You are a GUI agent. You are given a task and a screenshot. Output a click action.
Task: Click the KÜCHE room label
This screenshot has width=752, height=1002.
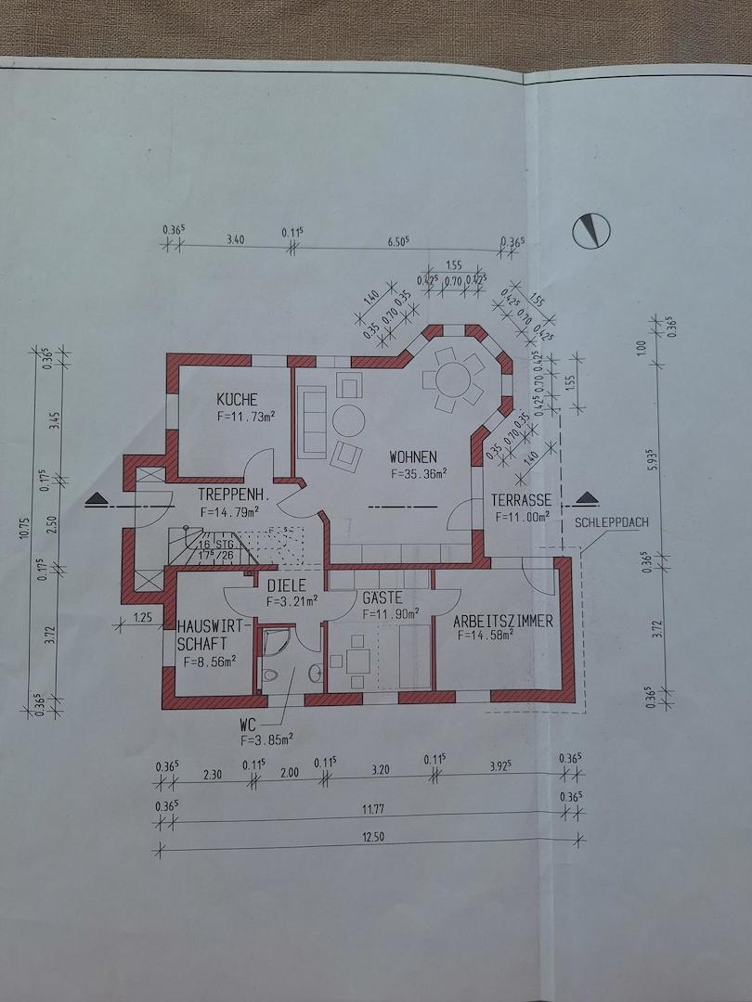click(238, 400)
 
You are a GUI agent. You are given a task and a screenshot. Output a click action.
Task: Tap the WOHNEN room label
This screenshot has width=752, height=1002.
click(413, 456)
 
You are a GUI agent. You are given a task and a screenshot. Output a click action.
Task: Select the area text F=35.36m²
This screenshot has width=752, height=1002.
click(418, 474)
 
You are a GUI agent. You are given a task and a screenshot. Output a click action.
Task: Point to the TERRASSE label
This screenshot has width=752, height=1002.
click(521, 500)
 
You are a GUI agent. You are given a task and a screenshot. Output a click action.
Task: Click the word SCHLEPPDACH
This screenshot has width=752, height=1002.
click(611, 522)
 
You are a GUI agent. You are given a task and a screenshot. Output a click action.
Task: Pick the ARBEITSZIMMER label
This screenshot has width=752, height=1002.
click(503, 621)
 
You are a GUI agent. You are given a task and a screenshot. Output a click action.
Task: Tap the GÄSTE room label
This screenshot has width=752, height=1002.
click(382, 598)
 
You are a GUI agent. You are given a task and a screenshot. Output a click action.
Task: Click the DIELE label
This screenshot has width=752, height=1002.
click(287, 585)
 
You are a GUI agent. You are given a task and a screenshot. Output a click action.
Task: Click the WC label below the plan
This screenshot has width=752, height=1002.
click(248, 726)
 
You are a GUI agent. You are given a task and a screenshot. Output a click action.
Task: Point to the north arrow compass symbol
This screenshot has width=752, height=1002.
click(590, 230)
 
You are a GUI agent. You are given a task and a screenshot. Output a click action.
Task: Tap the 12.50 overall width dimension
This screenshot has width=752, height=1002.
click(373, 837)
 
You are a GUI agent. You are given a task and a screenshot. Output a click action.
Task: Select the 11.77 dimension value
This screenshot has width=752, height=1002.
click(373, 810)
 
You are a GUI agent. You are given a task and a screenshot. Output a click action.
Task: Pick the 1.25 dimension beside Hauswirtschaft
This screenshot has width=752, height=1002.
click(143, 618)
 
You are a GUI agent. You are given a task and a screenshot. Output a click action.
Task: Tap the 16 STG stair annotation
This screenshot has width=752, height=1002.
click(216, 545)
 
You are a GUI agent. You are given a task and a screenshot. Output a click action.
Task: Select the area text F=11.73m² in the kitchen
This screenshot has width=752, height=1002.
click(246, 416)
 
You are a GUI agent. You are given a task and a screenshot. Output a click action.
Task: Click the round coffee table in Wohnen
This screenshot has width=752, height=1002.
click(348, 420)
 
